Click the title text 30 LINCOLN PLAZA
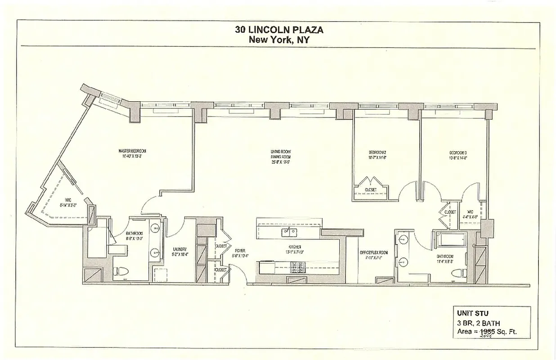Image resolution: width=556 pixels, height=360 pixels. tap(279, 30)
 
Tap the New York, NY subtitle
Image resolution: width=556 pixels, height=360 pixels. tap(279, 39)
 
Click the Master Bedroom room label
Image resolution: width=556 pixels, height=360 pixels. tap(132, 151)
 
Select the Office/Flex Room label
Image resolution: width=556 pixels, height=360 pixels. tap(374, 252)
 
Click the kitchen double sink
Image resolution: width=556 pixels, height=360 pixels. tap(289, 233)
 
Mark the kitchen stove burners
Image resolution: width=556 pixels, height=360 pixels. tap(297, 268)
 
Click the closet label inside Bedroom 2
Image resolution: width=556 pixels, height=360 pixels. tap(370, 190)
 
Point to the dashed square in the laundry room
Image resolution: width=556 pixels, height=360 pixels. tap(158, 273)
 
